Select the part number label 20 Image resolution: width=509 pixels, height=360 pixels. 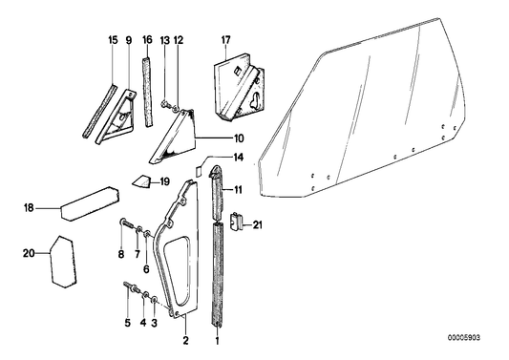(28, 253)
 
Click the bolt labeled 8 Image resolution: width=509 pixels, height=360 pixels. (127, 227)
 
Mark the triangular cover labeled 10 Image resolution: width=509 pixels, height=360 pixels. (173, 134)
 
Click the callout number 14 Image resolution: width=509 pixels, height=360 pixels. (238, 156)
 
